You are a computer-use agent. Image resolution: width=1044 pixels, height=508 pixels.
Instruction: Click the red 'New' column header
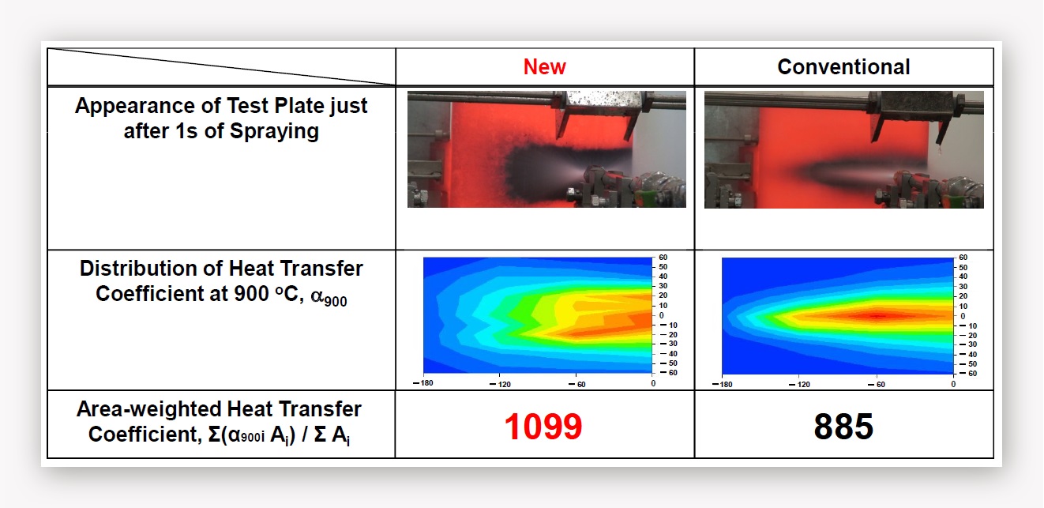544,66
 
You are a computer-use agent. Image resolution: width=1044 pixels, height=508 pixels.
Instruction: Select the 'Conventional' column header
843,66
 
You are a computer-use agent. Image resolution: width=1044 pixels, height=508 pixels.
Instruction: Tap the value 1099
543,427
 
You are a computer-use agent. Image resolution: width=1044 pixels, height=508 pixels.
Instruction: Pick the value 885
843,427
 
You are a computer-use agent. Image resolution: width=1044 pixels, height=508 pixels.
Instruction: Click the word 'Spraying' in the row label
275,131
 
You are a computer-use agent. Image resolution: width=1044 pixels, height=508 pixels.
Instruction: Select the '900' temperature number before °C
251,294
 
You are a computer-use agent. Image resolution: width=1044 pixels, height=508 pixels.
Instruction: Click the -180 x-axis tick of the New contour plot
423,383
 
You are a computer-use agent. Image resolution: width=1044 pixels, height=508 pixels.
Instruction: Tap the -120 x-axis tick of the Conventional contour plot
799,385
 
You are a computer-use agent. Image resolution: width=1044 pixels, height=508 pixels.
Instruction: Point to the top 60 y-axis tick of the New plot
663,258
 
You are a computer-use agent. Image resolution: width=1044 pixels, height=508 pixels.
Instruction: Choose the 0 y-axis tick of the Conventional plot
963,316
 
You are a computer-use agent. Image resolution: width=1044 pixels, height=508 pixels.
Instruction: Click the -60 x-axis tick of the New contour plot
577,385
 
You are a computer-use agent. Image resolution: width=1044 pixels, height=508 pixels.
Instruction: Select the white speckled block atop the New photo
604,102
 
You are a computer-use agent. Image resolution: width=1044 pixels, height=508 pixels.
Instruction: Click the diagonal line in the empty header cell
221,66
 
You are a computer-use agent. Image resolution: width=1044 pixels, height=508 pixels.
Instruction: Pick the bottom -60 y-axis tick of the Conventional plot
967,374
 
